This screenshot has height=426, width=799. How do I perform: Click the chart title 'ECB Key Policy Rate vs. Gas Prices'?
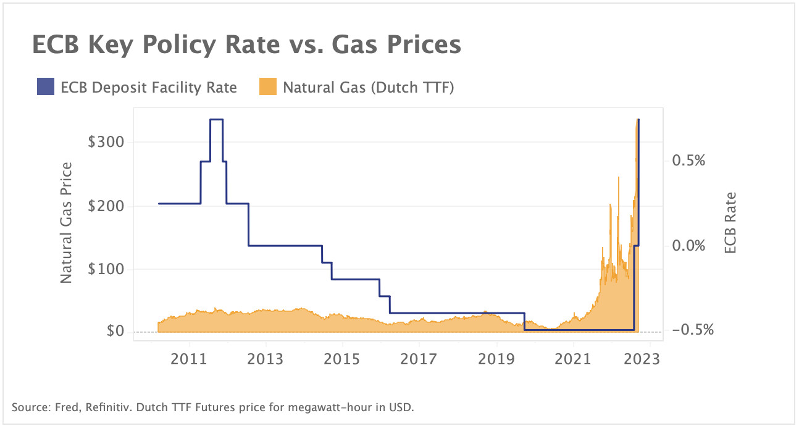point(246,46)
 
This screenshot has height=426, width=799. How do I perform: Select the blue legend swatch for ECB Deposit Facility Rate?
point(46,88)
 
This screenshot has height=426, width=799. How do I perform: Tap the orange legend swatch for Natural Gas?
point(267,88)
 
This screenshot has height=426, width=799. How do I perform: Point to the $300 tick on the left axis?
point(106,142)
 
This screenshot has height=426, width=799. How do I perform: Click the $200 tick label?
point(106,206)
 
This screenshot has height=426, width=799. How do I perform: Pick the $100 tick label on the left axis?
point(106,269)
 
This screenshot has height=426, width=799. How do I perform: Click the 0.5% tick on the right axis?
point(688,161)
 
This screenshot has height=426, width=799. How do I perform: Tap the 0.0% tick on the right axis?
point(688,246)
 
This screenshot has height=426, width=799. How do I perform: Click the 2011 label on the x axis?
point(189,359)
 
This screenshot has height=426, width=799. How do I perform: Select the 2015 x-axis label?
point(343,359)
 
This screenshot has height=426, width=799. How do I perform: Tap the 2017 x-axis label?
point(419,359)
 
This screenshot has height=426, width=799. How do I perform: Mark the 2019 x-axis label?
point(496,359)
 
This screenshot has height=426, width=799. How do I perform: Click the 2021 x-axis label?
point(573,359)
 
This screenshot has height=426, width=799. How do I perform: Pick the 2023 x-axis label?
point(642,359)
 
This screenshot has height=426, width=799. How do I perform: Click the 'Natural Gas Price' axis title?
point(67,223)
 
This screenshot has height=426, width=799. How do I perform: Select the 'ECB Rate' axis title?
point(730,223)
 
